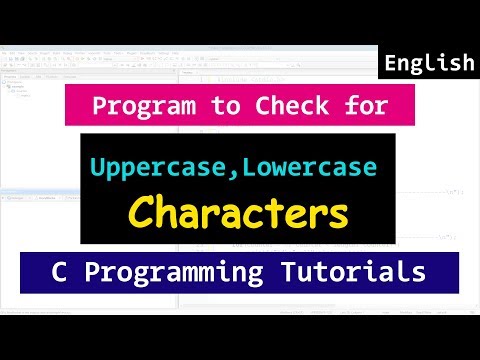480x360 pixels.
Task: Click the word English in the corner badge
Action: [429, 64]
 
